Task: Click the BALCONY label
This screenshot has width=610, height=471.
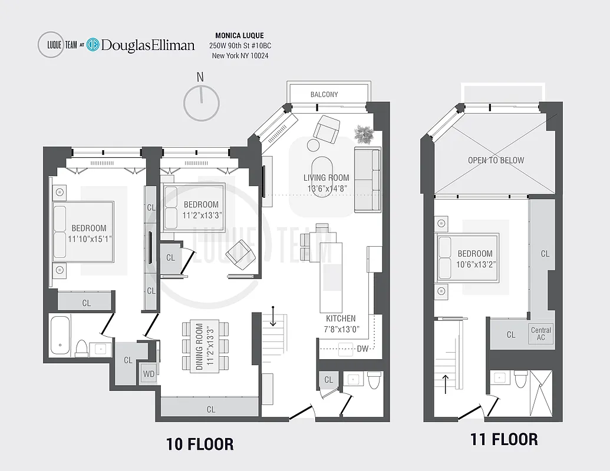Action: (324, 94)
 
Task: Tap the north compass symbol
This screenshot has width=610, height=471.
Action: (202, 103)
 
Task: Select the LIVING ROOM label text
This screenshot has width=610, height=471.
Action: (326, 178)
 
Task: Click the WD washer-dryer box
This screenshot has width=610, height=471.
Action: (148, 374)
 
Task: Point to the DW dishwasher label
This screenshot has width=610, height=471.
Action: (362, 349)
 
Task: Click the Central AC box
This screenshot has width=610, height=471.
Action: (541, 334)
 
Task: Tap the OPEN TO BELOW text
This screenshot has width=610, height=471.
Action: (496, 160)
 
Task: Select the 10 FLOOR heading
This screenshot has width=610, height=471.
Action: (199, 444)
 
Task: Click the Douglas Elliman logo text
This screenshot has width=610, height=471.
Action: (147, 45)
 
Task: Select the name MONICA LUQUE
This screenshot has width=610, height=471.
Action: (240, 36)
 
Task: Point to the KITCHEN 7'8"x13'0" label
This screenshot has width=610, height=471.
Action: (341, 324)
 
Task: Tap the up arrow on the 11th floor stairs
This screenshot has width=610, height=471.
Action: (446, 382)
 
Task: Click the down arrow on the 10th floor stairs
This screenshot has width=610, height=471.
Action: (273, 316)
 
